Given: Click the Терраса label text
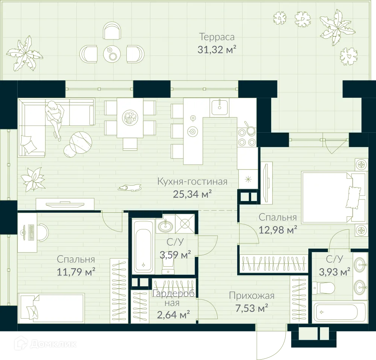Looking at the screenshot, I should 217,37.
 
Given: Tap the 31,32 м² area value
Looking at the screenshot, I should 217,50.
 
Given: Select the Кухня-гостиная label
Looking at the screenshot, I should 192,182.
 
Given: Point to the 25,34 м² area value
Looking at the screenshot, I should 192,194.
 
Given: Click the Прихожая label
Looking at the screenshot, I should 252,296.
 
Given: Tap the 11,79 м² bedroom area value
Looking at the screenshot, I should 76,271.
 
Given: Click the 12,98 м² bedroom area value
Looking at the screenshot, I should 278,229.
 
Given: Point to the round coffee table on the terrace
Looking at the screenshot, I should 112,54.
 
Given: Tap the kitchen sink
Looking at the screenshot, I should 219,107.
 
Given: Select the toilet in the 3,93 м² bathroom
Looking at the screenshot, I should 325,288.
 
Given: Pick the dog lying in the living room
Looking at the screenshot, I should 129,187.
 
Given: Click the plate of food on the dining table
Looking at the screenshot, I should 130,118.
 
